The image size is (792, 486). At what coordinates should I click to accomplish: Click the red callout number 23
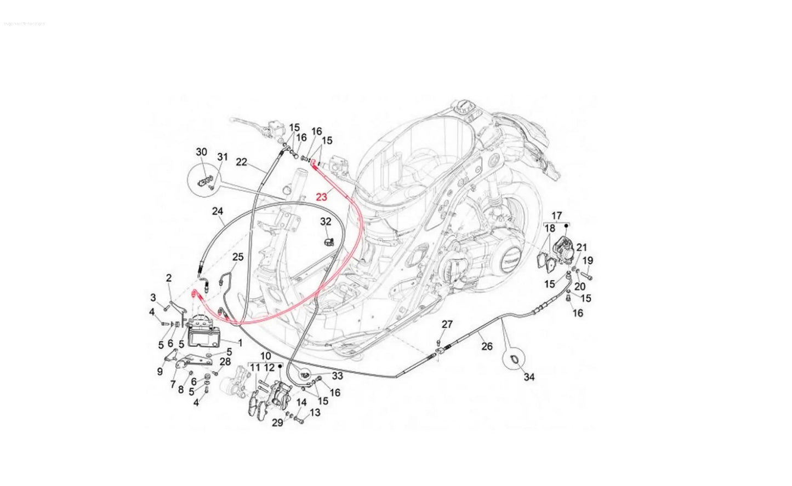pos(321,196)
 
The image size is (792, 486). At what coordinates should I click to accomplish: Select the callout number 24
pos(218,211)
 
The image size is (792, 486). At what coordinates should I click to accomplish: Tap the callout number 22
pos(242,161)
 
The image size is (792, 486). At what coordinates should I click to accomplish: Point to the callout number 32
pos(326,222)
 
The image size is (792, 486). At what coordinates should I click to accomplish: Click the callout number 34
pos(528,377)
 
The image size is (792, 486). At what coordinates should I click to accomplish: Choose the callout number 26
pos(487,346)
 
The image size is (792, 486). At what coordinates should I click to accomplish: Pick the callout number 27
pos(447,325)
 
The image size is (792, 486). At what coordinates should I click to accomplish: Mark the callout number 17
pos(557,215)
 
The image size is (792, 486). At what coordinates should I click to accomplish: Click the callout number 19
pos(588,260)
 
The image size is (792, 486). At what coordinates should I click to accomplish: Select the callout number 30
pos(202,152)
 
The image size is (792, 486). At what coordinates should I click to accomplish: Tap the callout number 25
pos(237,257)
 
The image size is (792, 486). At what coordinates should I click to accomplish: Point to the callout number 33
pos(337,376)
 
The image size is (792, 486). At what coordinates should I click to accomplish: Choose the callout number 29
pos(277,422)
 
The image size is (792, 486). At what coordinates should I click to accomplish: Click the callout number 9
pos(160,372)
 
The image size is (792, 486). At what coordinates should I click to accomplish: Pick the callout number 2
pos(169,277)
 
